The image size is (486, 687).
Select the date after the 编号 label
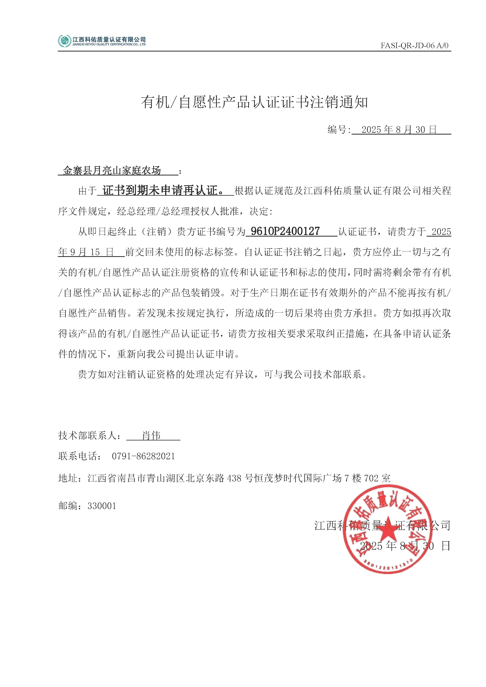click(399, 130)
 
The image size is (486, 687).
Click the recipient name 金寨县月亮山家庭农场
click(112, 171)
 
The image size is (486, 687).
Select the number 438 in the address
click(234, 478)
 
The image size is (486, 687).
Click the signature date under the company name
click(405, 546)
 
